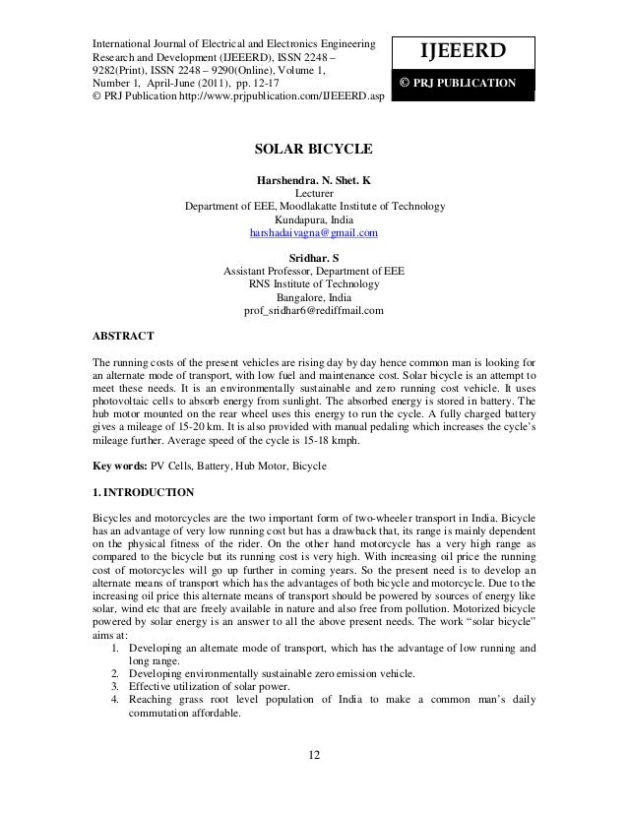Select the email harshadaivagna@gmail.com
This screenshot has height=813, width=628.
point(314,233)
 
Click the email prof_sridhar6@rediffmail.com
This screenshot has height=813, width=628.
point(313,311)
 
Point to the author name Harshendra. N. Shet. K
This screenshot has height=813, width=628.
point(314,181)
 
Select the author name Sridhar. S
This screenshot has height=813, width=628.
point(314,258)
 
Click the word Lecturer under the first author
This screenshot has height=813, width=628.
point(314,194)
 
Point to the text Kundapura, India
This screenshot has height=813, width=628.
point(314,219)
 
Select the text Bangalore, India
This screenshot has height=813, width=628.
point(314,297)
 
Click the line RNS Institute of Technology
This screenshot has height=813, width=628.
point(314,284)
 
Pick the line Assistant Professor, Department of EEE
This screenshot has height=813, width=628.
point(314,271)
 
